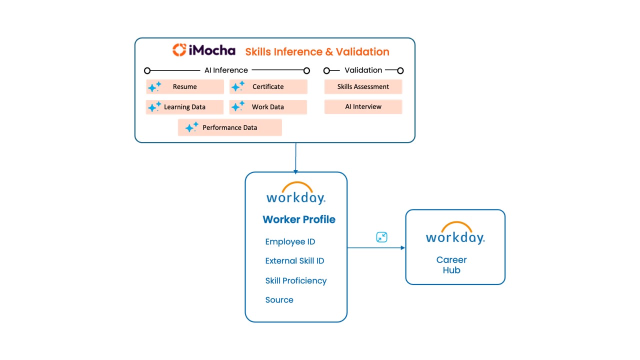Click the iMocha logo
(203, 50)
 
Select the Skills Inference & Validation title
(317, 52)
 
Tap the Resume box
(185, 87)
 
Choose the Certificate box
(268, 87)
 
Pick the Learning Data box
(184, 107)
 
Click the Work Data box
(268, 107)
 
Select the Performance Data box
(229, 127)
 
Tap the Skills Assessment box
(363, 87)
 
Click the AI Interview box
(363, 107)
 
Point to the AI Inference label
(226, 70)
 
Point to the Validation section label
(363, 70)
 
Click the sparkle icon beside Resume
(154, 87)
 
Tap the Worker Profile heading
(299, 219)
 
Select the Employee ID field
(290, 242)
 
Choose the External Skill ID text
(294, 261)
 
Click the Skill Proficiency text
(295, 281)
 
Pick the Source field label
(279, 300)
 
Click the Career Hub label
(451, 265)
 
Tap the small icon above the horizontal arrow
(381, 237)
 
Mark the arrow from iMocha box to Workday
(295, 157)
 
